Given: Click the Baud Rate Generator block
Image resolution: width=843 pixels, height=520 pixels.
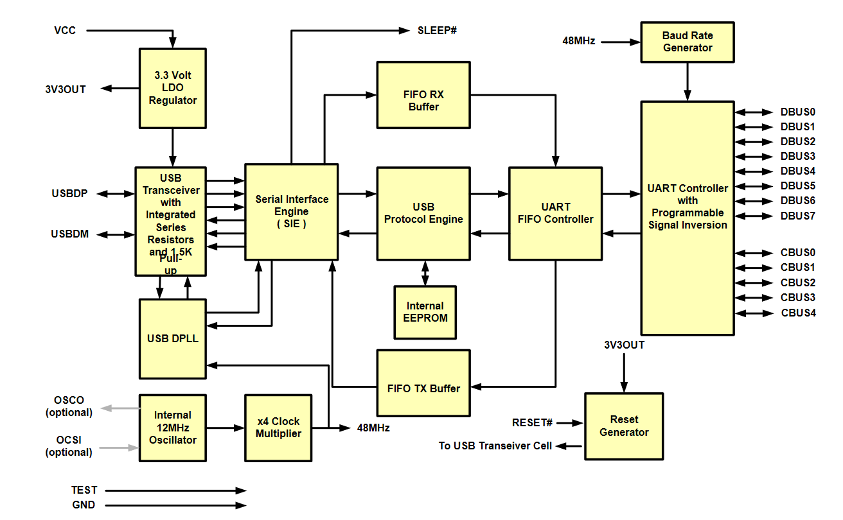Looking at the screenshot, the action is pyautogui.click(x=688, y=42).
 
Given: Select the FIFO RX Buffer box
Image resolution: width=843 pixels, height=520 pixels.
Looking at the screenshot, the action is pyautogui.click(x=423, y=95).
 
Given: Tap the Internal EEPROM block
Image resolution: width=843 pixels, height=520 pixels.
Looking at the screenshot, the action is pyautogui.click(x=425, y=313).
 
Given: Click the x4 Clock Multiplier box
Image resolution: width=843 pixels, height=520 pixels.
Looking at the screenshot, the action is pyautogui.click(x=278, y=428).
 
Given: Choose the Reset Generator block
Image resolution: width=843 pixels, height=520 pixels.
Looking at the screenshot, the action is pyautogui.click(x=624, y=426).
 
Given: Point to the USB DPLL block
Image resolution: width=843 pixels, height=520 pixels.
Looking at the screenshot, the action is pyautogui.click(x=173, y=339).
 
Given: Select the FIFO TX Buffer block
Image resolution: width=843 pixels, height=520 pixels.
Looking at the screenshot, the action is pyautogui.click(x=423, y=383).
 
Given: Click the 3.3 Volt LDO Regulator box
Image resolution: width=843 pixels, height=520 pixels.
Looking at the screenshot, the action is pyautogui.click(x=173, y=89).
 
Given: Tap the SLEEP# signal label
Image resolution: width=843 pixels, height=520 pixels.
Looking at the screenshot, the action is pyautogui.click(x=437, y=30).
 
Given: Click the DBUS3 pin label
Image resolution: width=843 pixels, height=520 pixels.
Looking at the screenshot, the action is pyautogui.click(x=797, y=156).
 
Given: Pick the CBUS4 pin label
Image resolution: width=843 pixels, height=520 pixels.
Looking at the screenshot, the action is pyautogui.click(x=798, y=313).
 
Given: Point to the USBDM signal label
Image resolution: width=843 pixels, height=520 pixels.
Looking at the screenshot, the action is pyautogui.click(x=70, y=234).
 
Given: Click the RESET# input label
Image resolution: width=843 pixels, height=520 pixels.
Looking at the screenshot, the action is pyautogui.click(x=532, y=422).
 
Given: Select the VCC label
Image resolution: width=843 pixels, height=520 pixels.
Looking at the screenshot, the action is pyautogui.click(x=65, y=30).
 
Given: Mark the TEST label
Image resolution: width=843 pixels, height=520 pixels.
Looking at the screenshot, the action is pyautogui.click(x=84, y=490).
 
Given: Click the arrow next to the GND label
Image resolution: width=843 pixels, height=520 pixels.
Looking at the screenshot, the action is pyautogui.click(x=176, y=505).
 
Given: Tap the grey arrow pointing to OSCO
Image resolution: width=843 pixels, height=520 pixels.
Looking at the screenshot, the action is pyautogui.click(x=120, y=408).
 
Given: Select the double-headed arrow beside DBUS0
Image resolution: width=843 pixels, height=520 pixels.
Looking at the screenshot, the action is pyautogui.click(x=754, y=112).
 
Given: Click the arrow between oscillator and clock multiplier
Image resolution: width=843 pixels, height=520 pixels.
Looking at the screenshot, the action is pyautogui.click(x=226, y=428).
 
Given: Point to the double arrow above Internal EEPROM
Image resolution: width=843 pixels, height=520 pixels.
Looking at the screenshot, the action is pyautogui.click(x=425, y=273).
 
